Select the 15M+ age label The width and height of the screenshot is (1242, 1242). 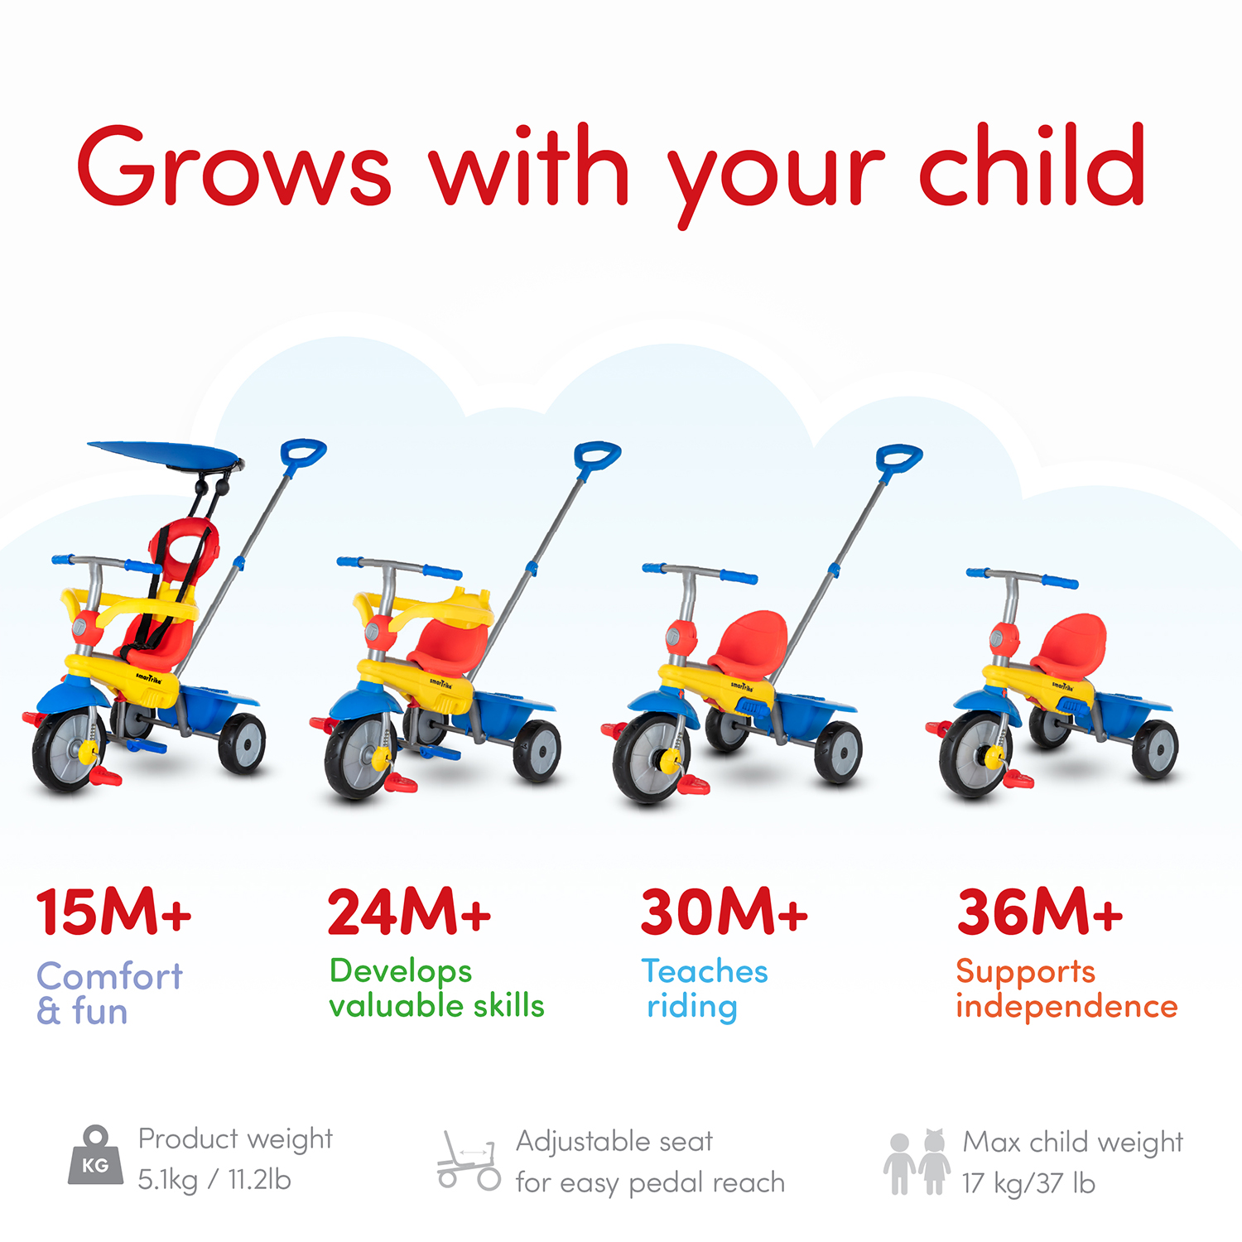coord(113,912)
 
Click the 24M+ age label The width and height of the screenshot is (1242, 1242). coord(409,912)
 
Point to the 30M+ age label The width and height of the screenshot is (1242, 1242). coord(724,912)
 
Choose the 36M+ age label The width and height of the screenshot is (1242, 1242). coord(1040,912)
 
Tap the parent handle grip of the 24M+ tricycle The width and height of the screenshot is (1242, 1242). coord(597,455)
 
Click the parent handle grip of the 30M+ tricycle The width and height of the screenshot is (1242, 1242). coord(899,459)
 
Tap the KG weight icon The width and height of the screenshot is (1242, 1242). coord(95,1157)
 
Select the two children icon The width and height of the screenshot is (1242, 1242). coord(917,1163)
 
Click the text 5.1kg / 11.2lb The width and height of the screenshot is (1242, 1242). coord(214,1180)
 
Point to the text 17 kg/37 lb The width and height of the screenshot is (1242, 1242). coord(1028,1184)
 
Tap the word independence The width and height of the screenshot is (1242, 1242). coord(1066,1006)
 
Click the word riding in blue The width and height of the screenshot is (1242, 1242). coord(692,1007)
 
